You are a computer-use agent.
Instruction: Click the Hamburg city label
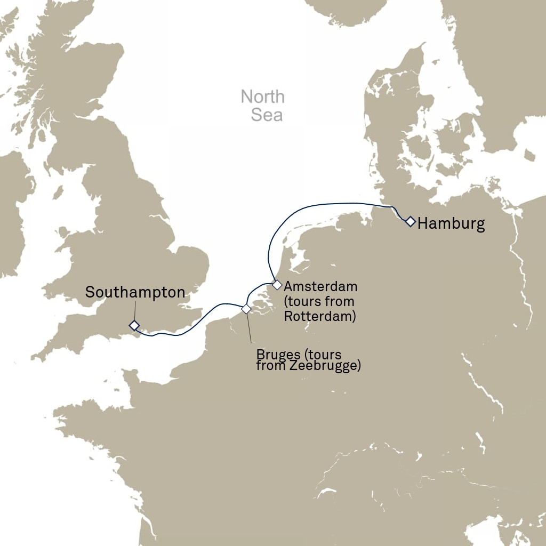[451, 224]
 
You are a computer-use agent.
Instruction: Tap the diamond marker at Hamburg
[410, 221]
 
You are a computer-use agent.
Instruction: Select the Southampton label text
[135, 292]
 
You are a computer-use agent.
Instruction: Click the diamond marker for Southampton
[134, 325]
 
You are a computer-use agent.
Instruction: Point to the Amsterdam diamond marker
[277, 285]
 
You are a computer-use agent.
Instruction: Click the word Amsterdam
[320, 287]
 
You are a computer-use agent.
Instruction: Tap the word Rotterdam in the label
[318, 316]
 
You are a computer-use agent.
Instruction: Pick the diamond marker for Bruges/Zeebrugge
[246, 309]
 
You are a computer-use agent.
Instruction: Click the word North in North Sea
[262, 97]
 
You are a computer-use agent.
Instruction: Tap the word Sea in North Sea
[267, 115]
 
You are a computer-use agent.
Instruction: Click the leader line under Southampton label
[134, 310]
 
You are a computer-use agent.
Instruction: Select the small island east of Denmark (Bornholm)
[528, 155]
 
